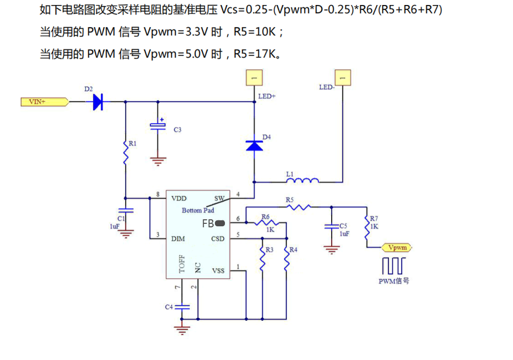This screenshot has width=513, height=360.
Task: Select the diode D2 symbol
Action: tap(98, 102)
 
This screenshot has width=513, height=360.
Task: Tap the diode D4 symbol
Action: tap(254, 145)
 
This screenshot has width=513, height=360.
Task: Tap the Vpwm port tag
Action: tap(397, 247)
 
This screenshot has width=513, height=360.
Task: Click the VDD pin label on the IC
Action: tap(179, 198)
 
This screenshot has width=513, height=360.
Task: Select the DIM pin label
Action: tap(178, 239)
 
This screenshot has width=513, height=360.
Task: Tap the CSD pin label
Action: tap(218, 239)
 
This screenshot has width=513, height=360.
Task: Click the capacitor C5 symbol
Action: tap(330, 226)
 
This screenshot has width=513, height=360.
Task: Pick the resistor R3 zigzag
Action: tap(262, 258)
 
